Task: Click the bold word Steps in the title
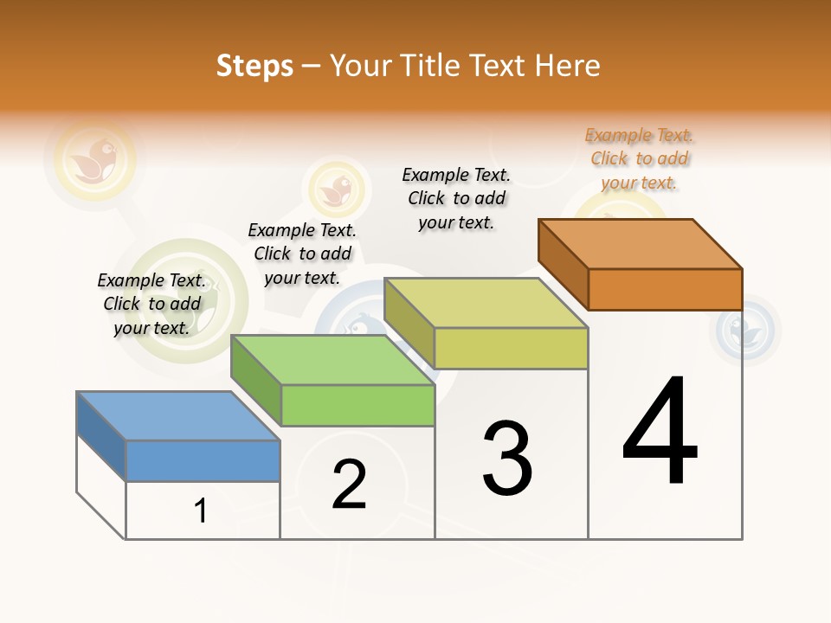pos(254,66)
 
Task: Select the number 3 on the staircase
pos(507,459)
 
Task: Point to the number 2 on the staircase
pos(350,485)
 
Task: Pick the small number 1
pos(201,511)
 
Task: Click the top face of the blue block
pos(178,415)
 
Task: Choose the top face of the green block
pos(332,359)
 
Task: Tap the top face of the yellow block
pos(486,303)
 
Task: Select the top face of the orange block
pos(641,243)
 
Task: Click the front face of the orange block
pos(665,289)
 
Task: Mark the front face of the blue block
pos(203,460)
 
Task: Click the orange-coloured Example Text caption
pos(639,159)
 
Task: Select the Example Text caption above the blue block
pos(151,304)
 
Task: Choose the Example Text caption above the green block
pos(302,254)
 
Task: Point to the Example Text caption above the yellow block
pos(456,198)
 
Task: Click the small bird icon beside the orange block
pos(743,330)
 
